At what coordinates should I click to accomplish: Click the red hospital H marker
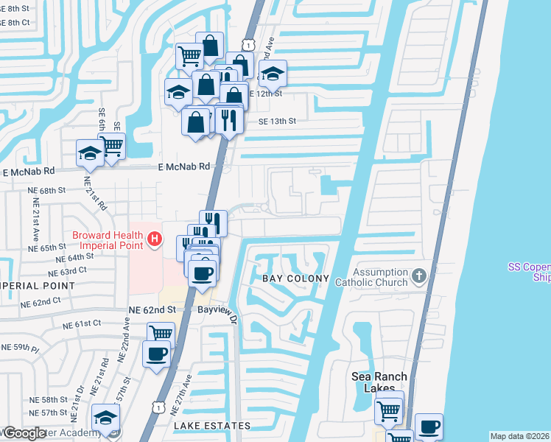[x=154, y=239]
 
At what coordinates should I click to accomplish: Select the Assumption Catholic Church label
[x=371, y=277]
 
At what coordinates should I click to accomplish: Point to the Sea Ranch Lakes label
[x=379, y=383]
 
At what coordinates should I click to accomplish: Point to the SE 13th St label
[x=277, y=122]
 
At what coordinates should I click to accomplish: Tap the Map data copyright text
[x=520, y=436]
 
